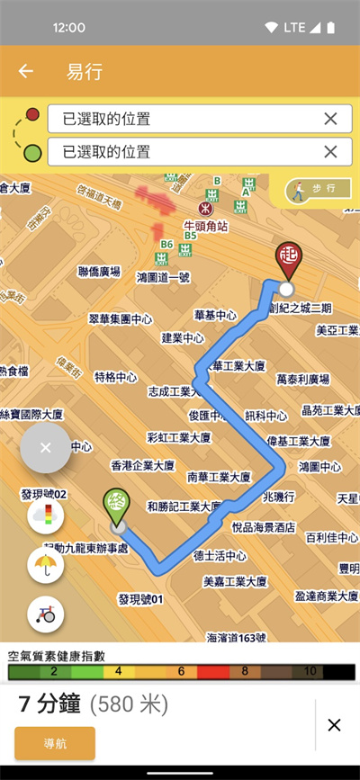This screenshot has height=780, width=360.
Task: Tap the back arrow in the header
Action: [26, 72]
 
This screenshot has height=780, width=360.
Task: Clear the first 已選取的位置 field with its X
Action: [330, 118]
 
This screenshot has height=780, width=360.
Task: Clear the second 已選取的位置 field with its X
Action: [330, 151]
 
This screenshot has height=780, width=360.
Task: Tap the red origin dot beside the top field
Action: [32, 114]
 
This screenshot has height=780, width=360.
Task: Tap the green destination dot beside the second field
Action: [32, 152]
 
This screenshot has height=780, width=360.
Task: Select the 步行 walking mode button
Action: [315, 189]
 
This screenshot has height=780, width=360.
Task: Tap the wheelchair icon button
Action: [45, 614]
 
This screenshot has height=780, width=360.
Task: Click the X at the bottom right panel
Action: [334, 725]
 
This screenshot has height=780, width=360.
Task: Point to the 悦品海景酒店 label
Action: [263, 526]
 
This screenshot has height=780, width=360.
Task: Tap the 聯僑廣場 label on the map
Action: [99, 271]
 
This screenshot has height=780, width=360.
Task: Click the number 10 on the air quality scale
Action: [309, 671]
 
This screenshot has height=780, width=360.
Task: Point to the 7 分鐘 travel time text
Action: [51, 704]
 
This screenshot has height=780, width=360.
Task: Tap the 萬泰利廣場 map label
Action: [302, 379]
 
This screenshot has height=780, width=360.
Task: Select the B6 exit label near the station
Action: [166, 244]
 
